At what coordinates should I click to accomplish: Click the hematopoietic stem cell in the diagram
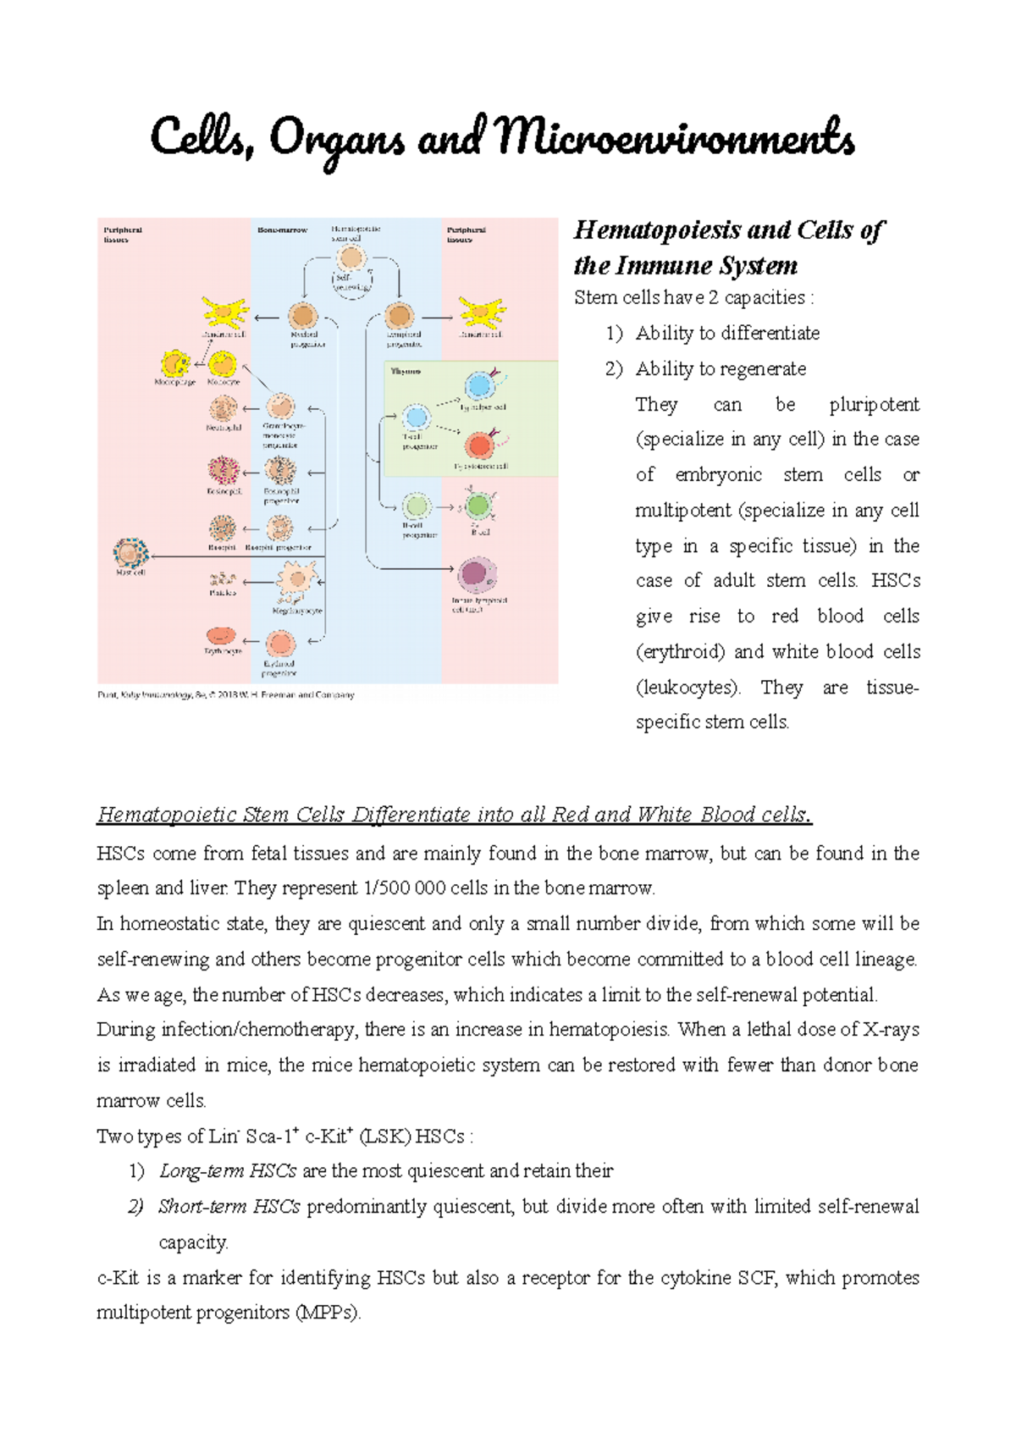(x=351, y=257)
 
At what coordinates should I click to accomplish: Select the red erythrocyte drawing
(x=221, y=636)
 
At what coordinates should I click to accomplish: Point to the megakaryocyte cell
(x=295, y=581)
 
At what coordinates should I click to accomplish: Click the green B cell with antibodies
(x=478, y=506)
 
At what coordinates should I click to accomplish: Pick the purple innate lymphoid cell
(x=477, y=576)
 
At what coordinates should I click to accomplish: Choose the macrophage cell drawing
(x=175, y=364)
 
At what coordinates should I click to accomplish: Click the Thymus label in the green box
(x=406, y=371)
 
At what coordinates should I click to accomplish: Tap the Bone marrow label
(x=282, y=230)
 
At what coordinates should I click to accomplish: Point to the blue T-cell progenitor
(x=416, y=418)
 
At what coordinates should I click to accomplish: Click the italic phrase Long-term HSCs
(x=228, y=1171)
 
